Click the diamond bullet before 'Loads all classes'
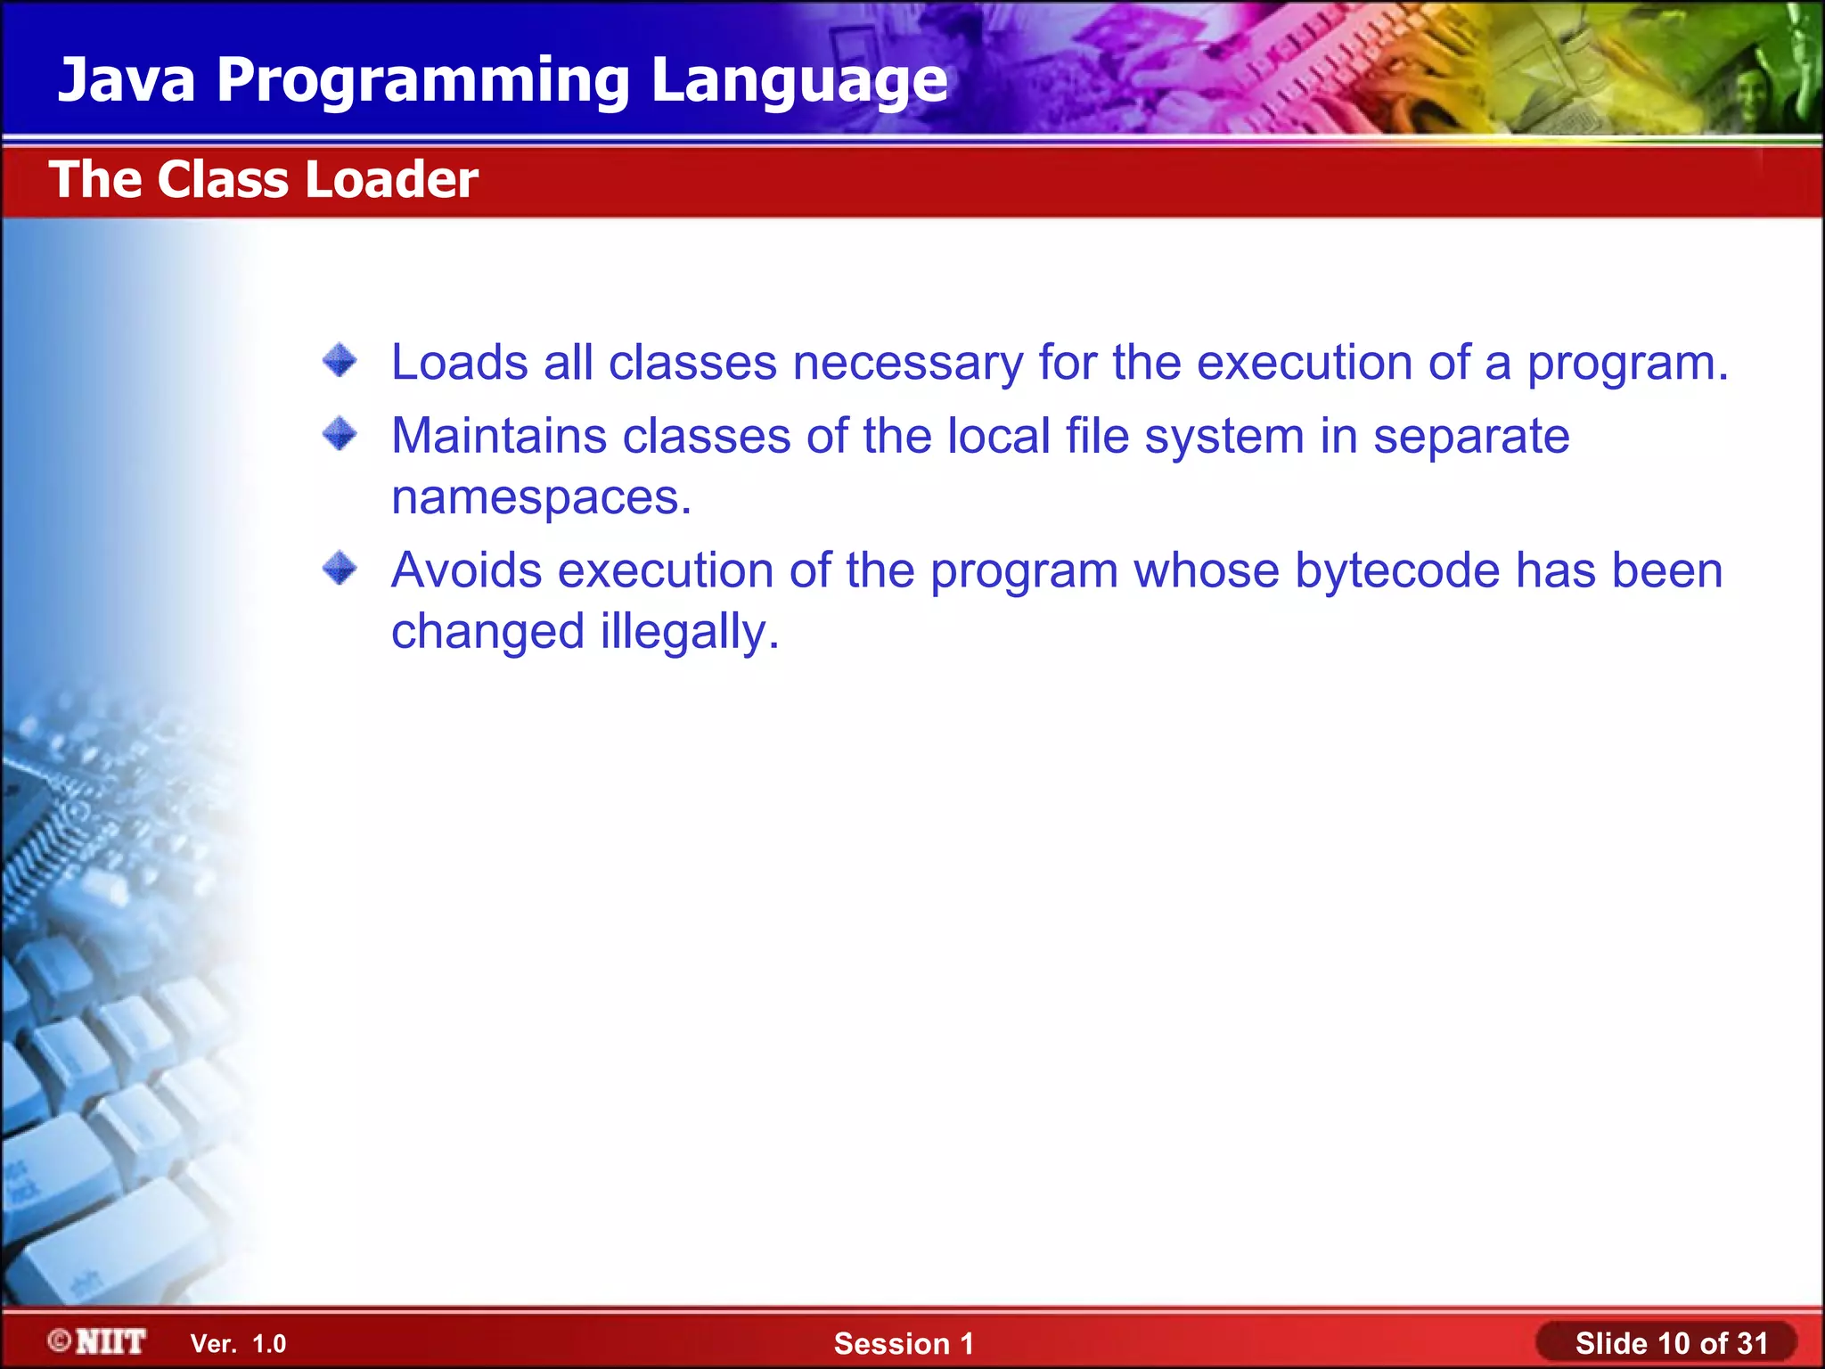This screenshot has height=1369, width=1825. [x=340, y=361]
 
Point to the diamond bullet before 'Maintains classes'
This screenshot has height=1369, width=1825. [x=340, y=435]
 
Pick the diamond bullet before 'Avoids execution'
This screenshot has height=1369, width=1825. [x=340, y=569]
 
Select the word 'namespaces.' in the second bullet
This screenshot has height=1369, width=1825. [x=541, y=497]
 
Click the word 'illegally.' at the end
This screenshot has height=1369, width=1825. [x=690, y=632]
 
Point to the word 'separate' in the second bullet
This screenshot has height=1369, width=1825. [x=1470, y=437]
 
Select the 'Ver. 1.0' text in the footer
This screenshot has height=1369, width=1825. [x=238, y=1344]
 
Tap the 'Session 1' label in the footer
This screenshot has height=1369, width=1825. [x=904, y=1343]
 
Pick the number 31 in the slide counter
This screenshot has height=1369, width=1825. [x=1752, y=1343]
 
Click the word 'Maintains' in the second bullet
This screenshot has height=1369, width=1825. [x=499, y=437]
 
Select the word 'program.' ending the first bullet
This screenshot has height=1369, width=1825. [x=1627, y=364]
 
